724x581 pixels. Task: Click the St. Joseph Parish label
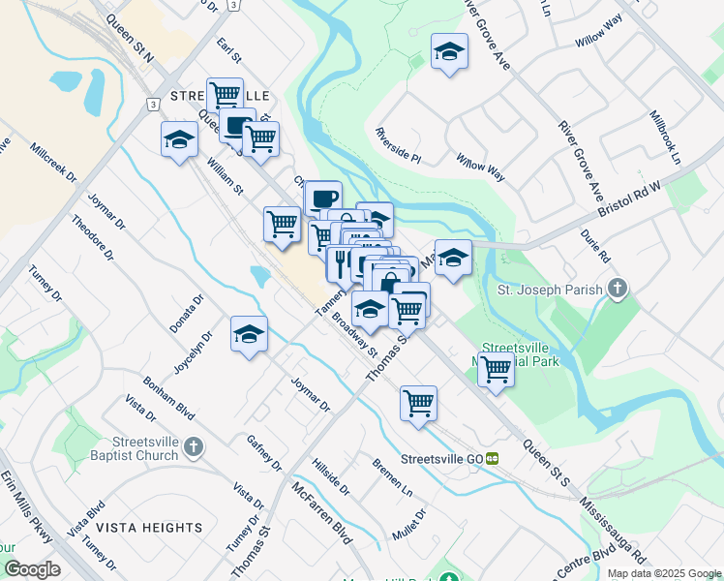pyautogui.click(x=550, y=290)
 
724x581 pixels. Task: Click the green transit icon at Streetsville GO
pyautogui.click(x=493, y=458)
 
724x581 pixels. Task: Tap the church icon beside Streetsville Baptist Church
pyautogui.click(x=195, y=446)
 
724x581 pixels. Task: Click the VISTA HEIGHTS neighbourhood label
pyautogui.click(x=149, y=528)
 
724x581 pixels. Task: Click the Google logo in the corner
pyautogui.click(x=32, y=569)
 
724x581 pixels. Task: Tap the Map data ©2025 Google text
pyautogui.click(x=664, y=573)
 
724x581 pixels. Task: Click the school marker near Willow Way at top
pyautogui.click(x=449, y=51)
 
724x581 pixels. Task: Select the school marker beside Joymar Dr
pyautogui.click(x=249, y=334)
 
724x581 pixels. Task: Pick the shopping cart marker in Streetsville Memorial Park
pyautogui.click(x=496, y=368)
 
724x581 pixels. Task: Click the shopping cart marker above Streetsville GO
pyautogui.click(x=418, y=403)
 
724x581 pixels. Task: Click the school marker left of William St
pyautogui.click(x=180, y=139)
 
